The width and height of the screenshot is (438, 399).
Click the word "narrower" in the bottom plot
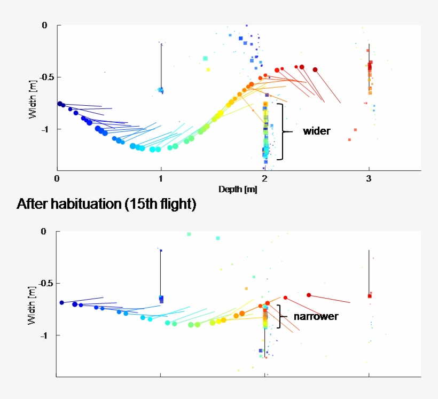[x=316, y=316]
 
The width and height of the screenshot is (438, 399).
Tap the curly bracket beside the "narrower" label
[x=280, y=316]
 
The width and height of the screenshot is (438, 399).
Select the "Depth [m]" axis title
[x=238, y=190]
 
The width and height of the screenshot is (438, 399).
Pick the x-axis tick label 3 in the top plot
[x=369, y=178]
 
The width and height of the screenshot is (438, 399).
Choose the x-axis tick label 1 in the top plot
[x=161, y=178]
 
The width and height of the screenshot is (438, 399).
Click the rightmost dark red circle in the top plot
[x=315, y=69]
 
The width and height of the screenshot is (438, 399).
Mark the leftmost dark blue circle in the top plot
[x=60, y=104]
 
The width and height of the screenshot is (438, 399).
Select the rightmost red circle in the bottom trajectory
[x=309, y=295]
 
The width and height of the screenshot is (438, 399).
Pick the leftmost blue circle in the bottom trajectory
[x=62, y=302]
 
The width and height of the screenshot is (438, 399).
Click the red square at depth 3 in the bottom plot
[x=370, y=295]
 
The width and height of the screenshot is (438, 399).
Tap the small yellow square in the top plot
[x=208, y=69]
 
